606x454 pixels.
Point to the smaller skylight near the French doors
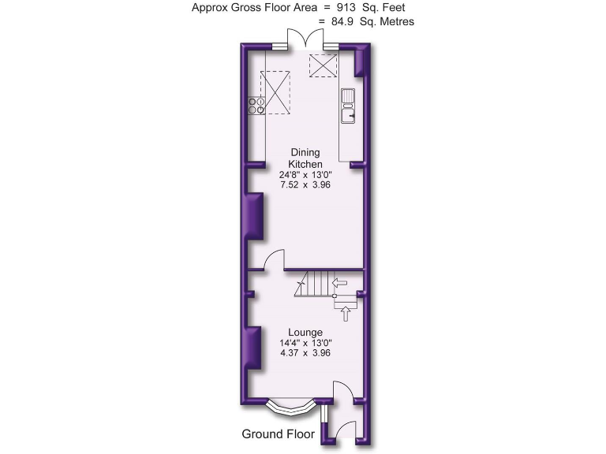click(x=323, y=65)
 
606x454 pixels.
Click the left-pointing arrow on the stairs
click(x=341, y=281)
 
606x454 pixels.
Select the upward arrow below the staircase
click(x=345, y=314)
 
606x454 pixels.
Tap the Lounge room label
click(x=305, y=332)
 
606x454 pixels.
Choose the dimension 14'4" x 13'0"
click(x=305, y=343)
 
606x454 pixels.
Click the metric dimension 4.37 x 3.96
click(x=305, y=353)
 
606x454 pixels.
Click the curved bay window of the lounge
click(x=291, y=407)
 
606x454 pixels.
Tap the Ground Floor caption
click(x=278, y=434)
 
